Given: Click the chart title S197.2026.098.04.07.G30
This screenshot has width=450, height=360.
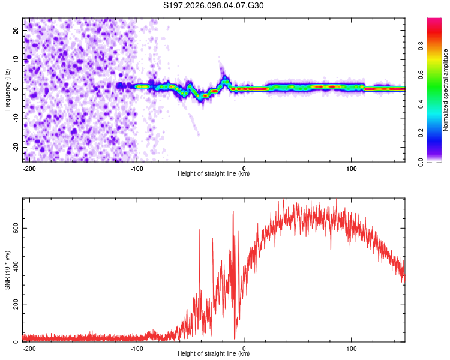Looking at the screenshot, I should [x=214, y=6].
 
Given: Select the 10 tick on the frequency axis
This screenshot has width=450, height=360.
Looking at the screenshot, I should [x=16, y=59].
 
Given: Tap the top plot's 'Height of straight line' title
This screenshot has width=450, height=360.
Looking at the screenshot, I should [x=214, y=174].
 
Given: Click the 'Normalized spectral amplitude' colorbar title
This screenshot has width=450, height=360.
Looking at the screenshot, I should [x=445, y=90].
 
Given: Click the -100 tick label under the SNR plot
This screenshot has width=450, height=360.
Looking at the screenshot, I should [x=136, y=348].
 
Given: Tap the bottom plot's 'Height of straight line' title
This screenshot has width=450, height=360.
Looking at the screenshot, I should [x=214, y=354].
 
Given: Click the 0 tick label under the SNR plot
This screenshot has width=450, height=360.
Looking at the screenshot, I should [x=244, y=348].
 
